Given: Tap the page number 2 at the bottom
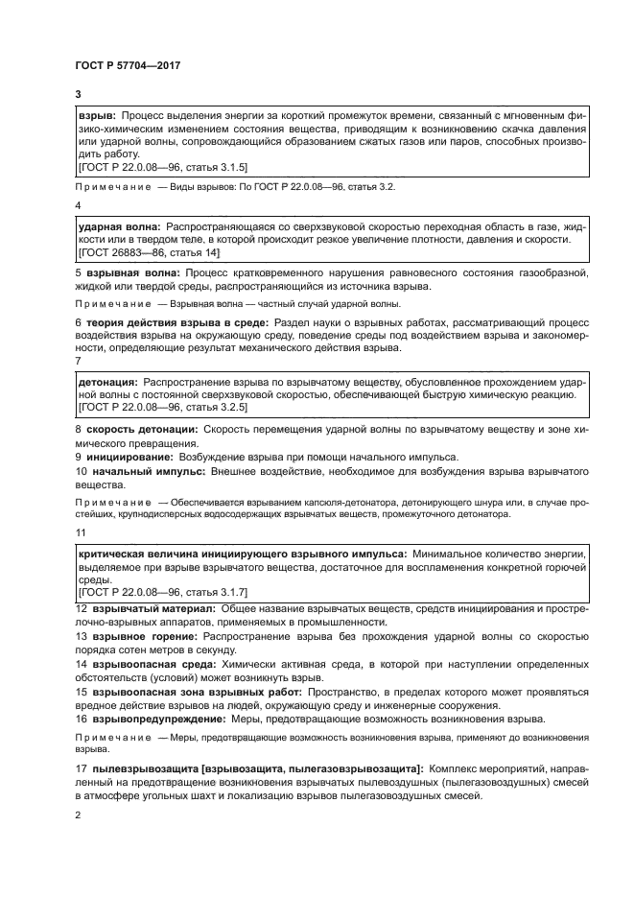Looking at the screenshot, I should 78,814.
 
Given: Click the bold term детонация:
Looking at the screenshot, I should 108,381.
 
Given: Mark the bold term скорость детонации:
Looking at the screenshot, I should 142,429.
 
